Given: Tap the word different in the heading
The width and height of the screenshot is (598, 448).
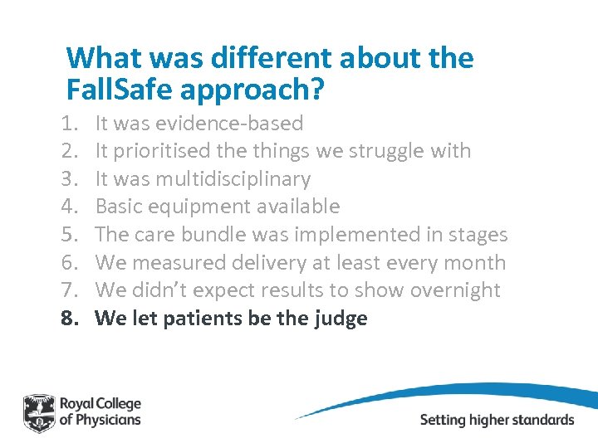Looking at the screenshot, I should (252, 58).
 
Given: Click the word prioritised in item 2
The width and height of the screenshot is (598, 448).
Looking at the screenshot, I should (155, 151).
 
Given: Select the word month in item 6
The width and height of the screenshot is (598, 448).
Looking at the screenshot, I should (473, 262).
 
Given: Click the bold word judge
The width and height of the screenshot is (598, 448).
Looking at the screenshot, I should (339, 319).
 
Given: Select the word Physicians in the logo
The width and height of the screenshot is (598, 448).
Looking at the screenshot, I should (107, 420).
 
